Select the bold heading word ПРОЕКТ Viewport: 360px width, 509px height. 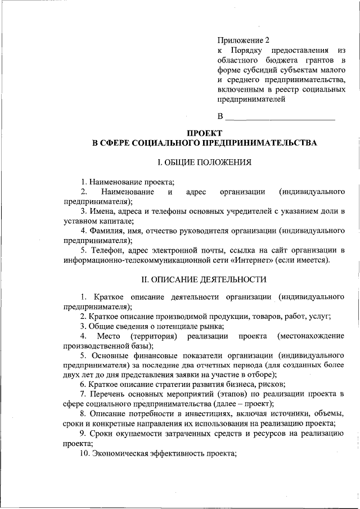pos(205,132)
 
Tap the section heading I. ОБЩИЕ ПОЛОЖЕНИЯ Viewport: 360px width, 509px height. pos(204,163)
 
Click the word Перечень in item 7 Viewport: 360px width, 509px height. pos(113,394)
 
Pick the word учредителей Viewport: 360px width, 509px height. pos(228,211)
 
